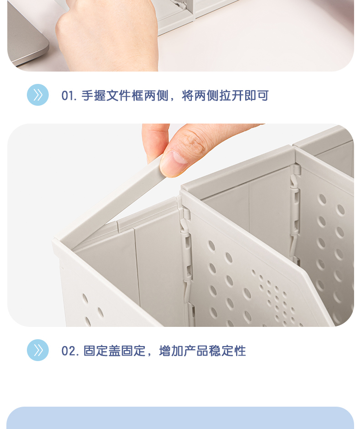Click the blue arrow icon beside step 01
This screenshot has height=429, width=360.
38,95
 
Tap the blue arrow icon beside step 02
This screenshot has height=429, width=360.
38,350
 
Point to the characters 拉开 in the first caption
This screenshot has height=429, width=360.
226,95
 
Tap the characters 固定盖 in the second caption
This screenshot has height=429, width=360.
102,351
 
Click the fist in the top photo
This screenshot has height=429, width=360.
107,36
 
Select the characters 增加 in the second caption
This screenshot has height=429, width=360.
171,351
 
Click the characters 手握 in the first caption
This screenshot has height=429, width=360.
93,95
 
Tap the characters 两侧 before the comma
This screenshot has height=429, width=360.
156,95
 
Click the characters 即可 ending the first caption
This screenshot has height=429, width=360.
257,95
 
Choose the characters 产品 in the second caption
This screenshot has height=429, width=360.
196,351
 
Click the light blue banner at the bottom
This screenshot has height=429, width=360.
180,418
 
